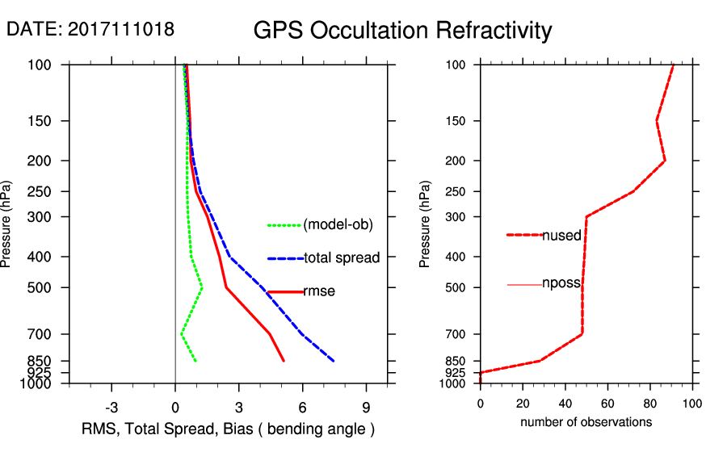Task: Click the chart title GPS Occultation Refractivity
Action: (402, 31)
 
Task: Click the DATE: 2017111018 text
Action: (90, 29)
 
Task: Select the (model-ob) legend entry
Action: (338, 225)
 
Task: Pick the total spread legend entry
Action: (342, 258)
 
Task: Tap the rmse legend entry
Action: (318, 291)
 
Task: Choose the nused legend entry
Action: (561, 235)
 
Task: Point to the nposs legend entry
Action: (561, 285)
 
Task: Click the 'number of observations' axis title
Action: (586, 422)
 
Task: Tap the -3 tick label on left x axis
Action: (111, 406)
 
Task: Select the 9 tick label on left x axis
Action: (366, 406)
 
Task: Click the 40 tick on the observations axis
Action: (565, 404)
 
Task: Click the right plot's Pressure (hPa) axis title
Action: (426, 224)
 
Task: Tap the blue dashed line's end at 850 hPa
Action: (334, 361)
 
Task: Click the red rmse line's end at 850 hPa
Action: (284, 361)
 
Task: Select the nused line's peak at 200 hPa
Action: (665, 161)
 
